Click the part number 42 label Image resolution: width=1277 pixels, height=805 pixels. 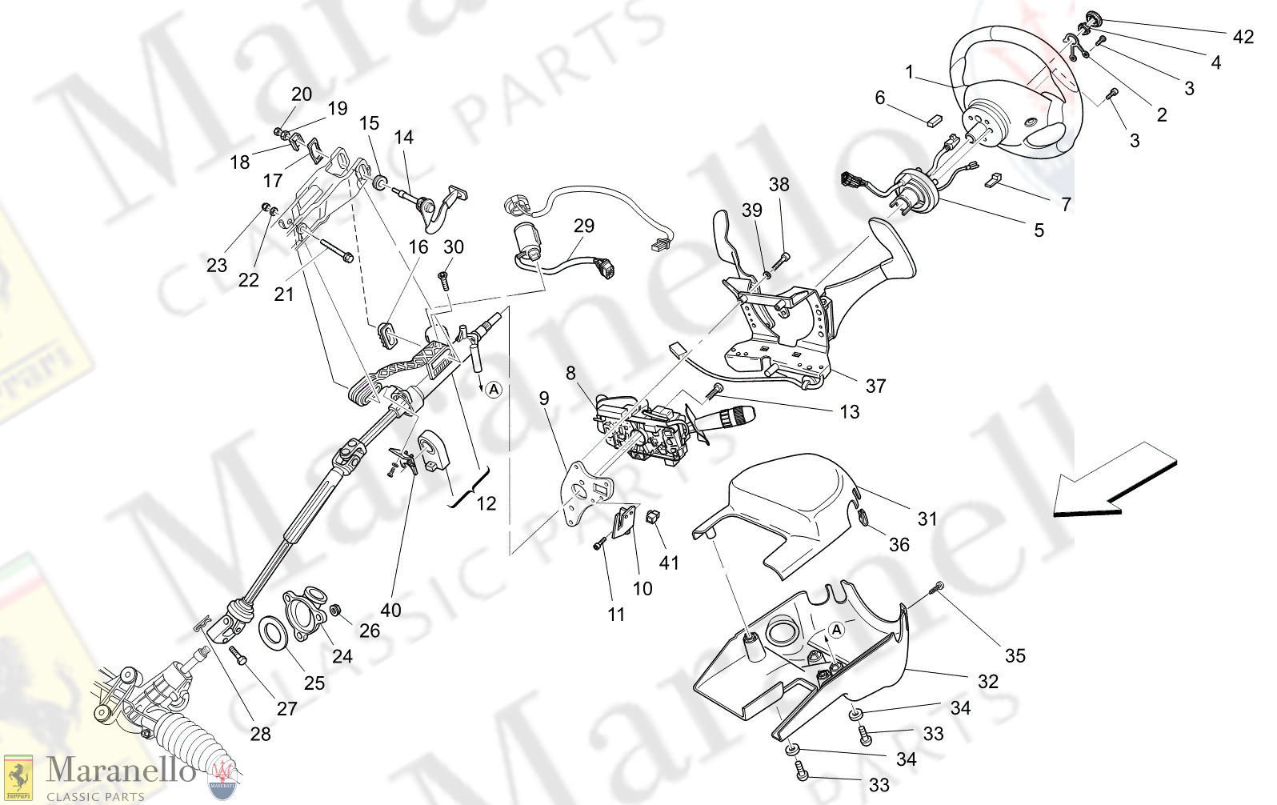point(1243,37)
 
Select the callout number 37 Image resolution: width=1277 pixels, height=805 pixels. point(875,386)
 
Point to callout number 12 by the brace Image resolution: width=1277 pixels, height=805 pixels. point(486,503)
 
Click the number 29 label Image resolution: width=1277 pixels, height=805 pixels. point(583,226)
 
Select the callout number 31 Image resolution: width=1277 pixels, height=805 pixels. point(927,519)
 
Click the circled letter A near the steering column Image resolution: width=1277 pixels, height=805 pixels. point(494,390)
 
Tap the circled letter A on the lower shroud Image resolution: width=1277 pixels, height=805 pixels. point(836,631)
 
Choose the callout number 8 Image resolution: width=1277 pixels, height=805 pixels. point(570,373)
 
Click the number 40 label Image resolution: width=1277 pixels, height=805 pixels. point(390,610)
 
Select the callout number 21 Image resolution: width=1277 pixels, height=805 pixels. point(284,294)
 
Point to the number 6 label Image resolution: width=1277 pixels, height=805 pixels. point(879,98)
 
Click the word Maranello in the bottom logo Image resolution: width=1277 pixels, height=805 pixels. point(120,771)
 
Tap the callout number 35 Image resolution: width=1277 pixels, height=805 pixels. point(1015,655)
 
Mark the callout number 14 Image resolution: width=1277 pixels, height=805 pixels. point(403,137)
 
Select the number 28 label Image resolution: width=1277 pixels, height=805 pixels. point(260,734)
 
